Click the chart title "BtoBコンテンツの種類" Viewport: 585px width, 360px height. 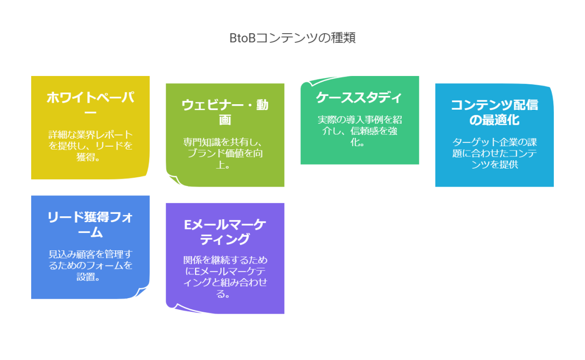click(x=292, y=38)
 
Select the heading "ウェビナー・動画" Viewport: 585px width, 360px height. click(x=225, y=112)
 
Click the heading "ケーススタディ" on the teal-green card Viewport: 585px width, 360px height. click(x=359, y=97)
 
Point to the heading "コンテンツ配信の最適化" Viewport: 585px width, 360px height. click(x=494, y=112)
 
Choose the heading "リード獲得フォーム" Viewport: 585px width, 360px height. click(x=90, y=225)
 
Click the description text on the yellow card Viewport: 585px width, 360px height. click(x=90, y=145)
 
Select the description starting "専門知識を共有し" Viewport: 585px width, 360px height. click(x=225, y=153)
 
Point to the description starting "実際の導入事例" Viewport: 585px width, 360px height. click(x=359, y=131)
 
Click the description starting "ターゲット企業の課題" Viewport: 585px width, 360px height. click(x=494, y=153)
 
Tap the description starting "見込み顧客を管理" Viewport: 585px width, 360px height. click(x=90, y=265)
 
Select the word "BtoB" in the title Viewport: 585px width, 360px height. click(x=242, y=38)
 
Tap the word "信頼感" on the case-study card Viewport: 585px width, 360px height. click(x=360, y=131)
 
